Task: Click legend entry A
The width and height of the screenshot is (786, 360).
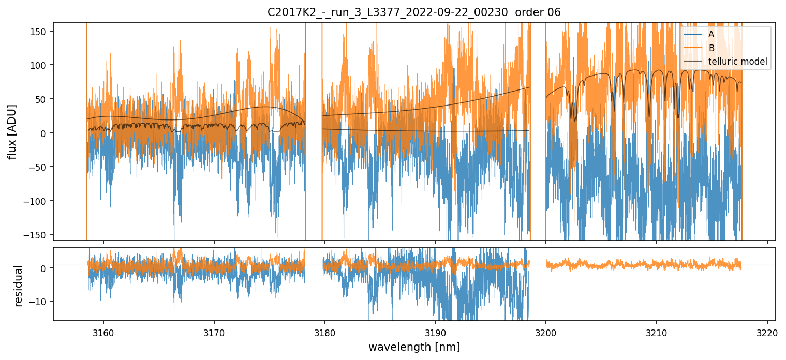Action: pyautogui.click(x=711, y=34)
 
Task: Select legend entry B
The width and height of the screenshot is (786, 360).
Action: pyautogui.click(x=711, y=48)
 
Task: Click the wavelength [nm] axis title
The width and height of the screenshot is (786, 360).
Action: pyautogui.click(x=414, y=347)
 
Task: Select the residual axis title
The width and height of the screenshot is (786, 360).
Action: pyautogui.click(x=19, y=285)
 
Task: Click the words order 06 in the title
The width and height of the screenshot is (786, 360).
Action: pyautogui.click(x=540, y=12)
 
